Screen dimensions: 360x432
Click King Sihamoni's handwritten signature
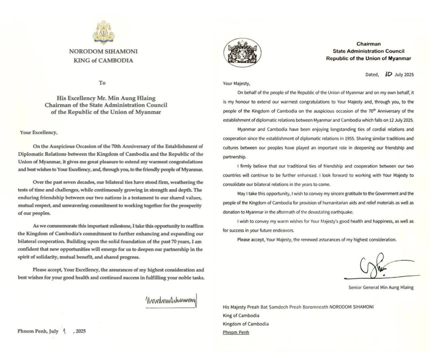point(171,299)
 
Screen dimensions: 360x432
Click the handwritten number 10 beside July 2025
point(388,74)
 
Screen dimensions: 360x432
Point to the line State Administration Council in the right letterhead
point(368,51)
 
